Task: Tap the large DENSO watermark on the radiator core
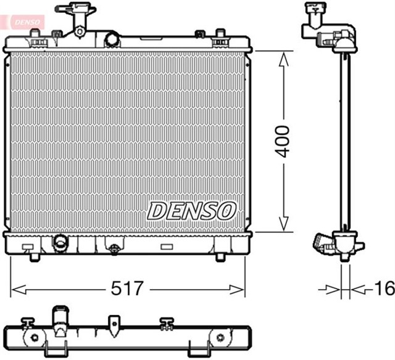[191, 210]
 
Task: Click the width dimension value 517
[128, 288]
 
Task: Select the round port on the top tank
[112, 39]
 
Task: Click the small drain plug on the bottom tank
[114, 249]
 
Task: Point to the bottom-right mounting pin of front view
[220, 256]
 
